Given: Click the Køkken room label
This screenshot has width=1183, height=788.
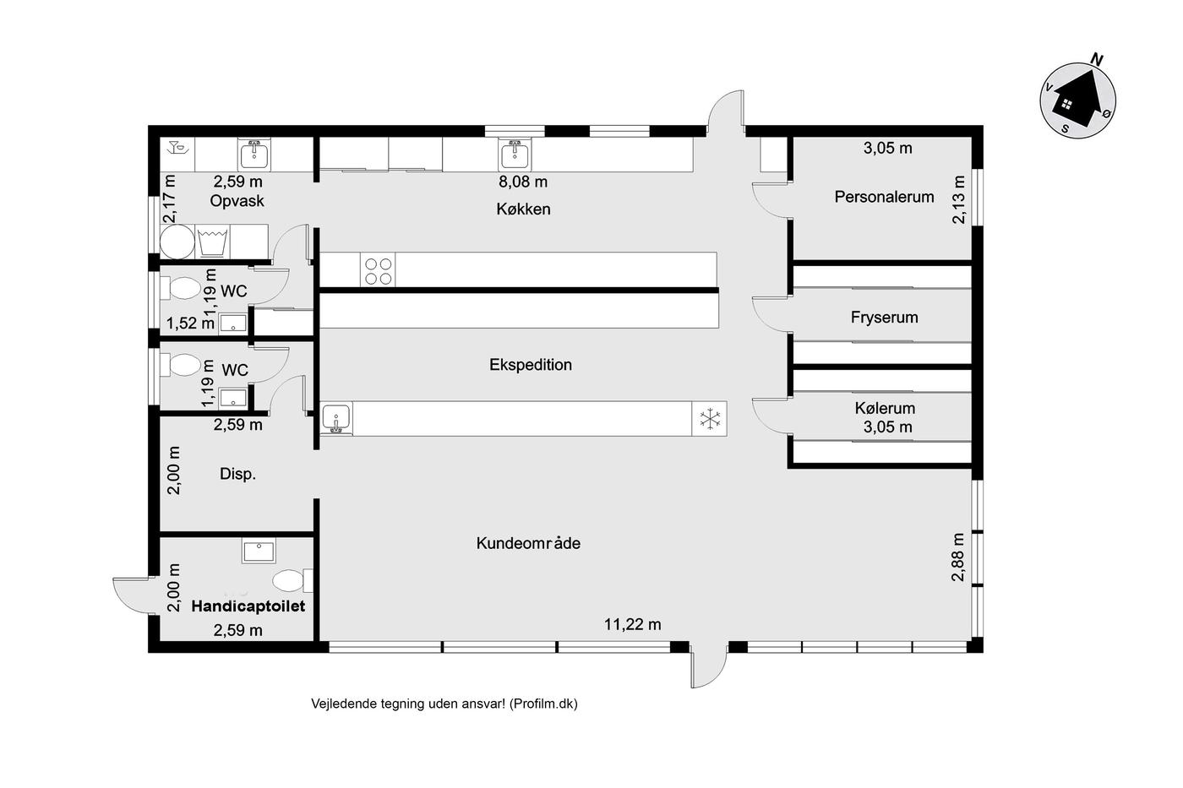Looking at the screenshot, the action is pyautogui.click(x=523, y=209).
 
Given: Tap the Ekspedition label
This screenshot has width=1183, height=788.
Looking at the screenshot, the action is pyautogui.click(x=531, y=365).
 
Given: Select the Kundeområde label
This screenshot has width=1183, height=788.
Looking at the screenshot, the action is pyautogui.click(x=528, y=543).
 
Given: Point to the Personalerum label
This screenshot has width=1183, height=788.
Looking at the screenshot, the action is pyautogui.click(x=884, y=197).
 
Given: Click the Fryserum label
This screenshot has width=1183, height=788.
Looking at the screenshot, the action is pyautogui.click(x=884, y=318).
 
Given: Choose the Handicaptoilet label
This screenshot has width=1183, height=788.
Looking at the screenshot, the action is pyautogui.click(x=248, y=606).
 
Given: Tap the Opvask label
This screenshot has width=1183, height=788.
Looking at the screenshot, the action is pyautogui.click(x=237, y=201).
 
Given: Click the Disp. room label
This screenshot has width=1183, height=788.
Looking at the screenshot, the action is pyautogui.click(x=237, y=474).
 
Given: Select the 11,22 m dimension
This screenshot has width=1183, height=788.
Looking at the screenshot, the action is pyautogui.click(x=632, y=625).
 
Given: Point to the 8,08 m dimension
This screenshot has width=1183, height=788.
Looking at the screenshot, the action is pyautogui.click(x=523, y=182).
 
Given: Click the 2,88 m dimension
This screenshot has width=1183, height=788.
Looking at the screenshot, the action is pyautogui.click(x=957, y=557).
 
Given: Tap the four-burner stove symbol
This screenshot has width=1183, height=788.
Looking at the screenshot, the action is pyautogui.click(x=379, y=270).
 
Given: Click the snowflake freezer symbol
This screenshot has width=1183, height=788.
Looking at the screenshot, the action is pyautogui.click(x=710, y=419).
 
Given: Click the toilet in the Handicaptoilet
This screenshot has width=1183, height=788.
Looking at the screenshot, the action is pyautogui.click(x=292, y=581).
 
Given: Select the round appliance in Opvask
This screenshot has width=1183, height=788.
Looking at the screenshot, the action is pyautogui.click(x=177, y=242).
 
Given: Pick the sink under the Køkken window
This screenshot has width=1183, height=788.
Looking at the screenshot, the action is pyautogui.click(x=514, y=154).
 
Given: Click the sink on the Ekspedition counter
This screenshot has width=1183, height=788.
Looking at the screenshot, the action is pyautogui.click(x=336, y=418).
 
